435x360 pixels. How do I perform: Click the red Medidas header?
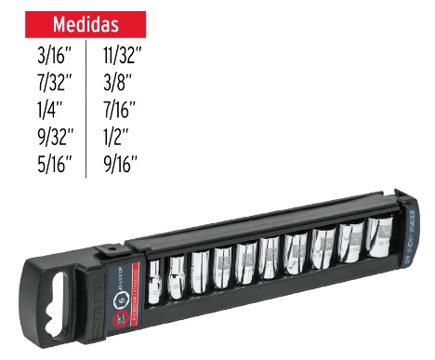pyautogui.click(x=85, y=22)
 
